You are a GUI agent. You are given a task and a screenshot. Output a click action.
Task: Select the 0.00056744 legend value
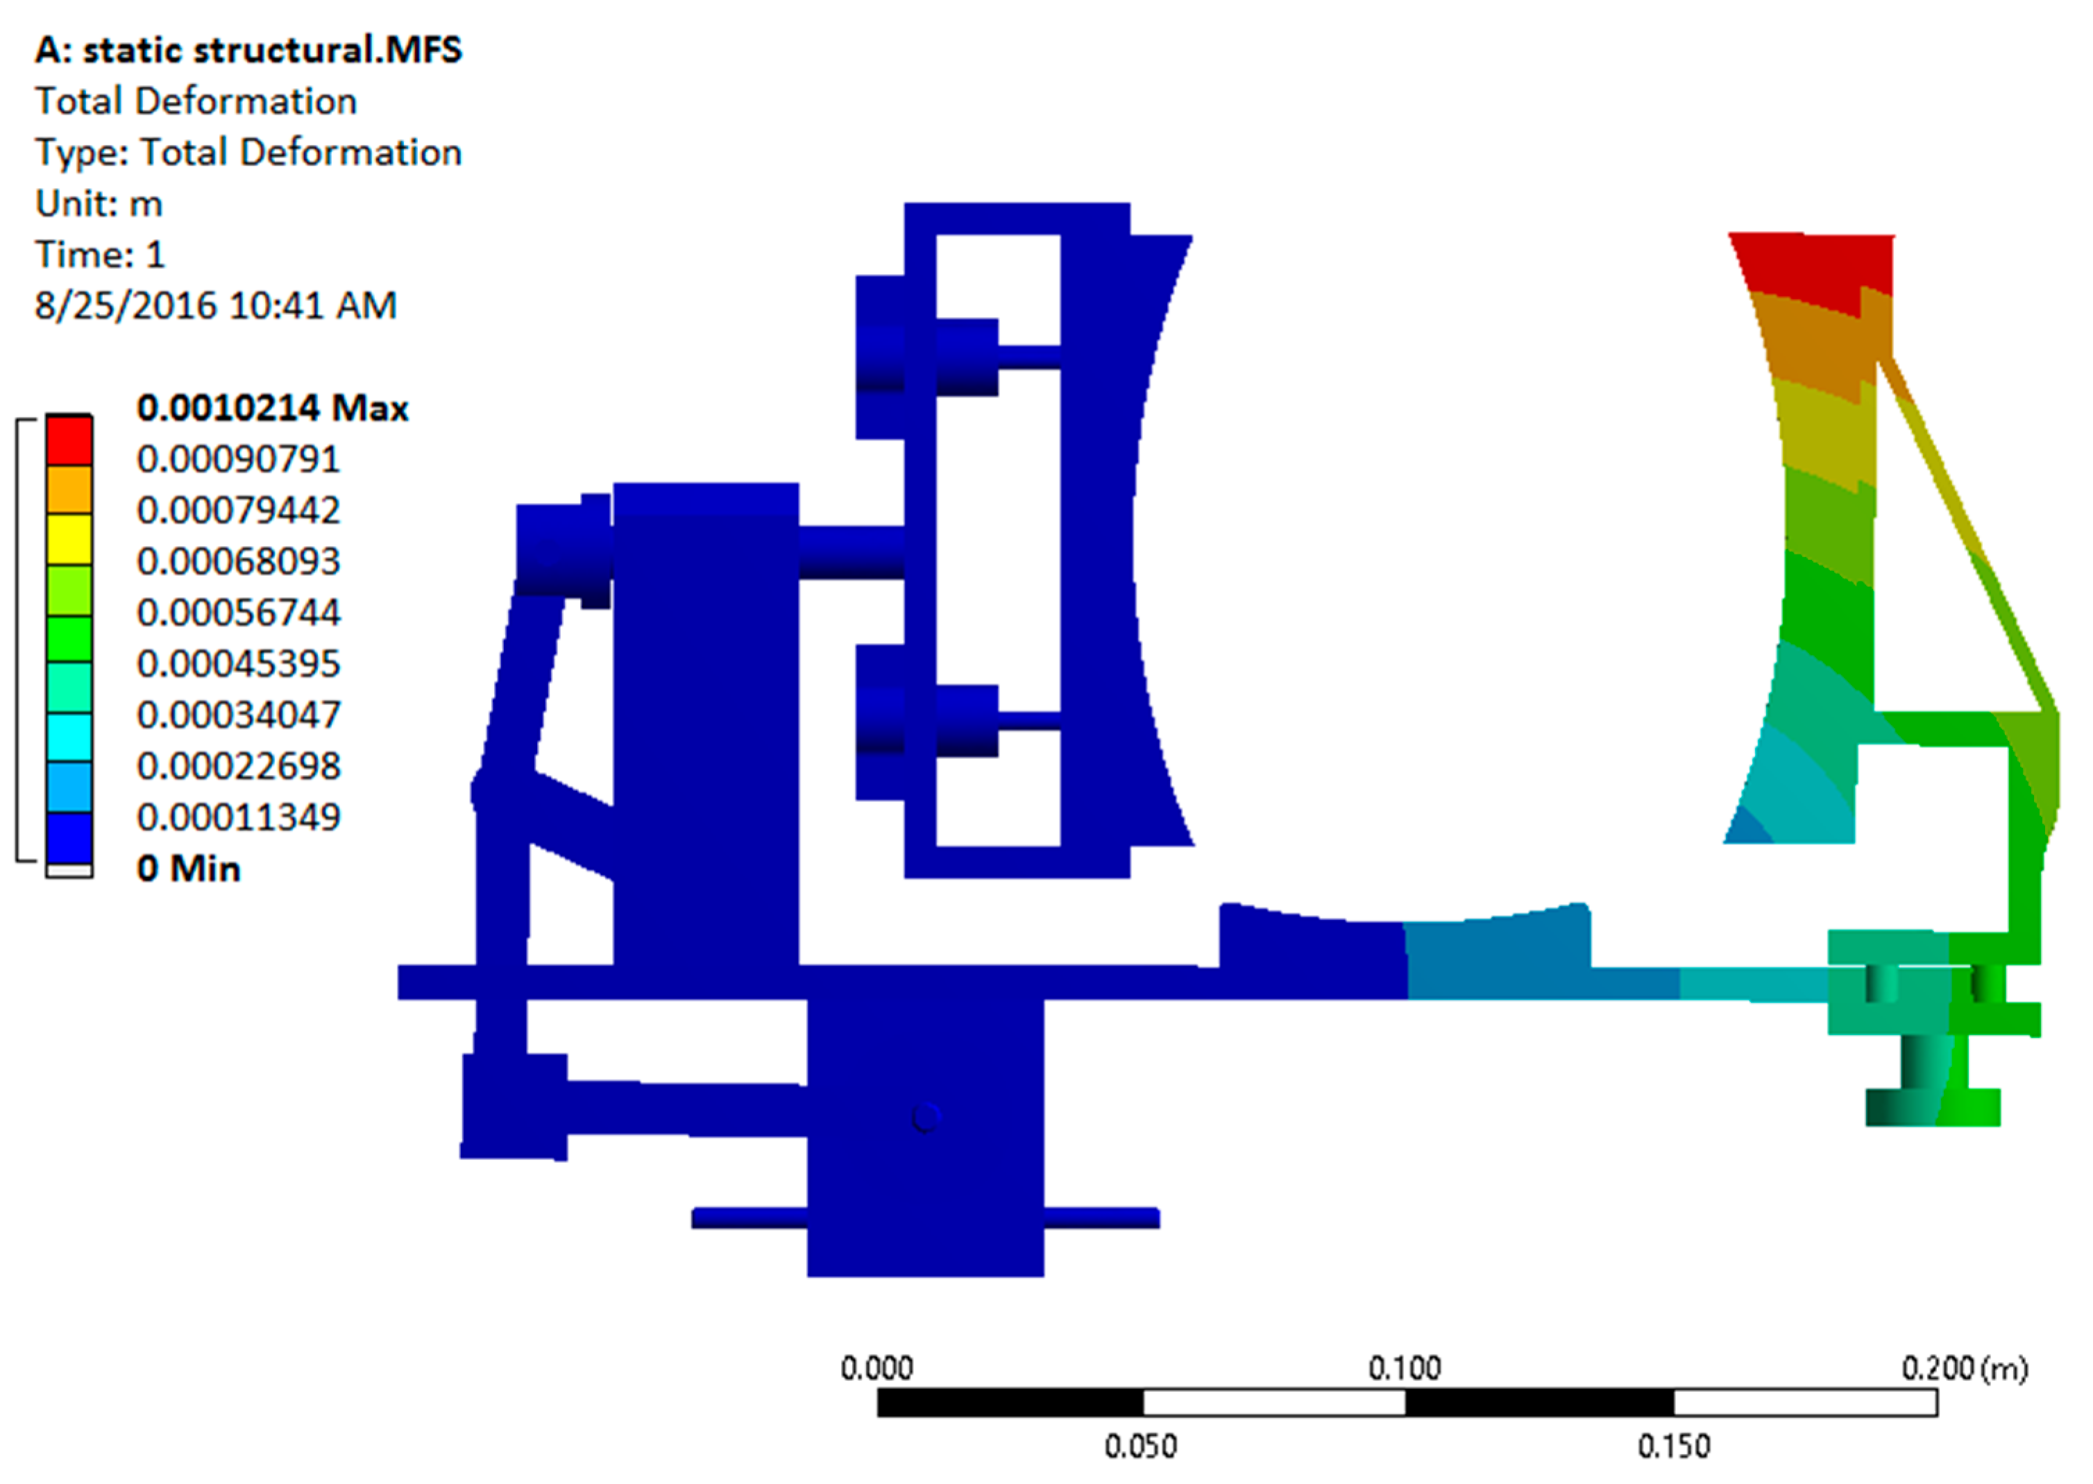239,612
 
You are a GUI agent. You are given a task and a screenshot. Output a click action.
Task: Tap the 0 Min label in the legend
188,868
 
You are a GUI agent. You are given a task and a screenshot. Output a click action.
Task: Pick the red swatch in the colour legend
69,440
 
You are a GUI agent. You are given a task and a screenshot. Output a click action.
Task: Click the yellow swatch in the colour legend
69,539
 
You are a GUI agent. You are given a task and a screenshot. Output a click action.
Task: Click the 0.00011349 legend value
239,817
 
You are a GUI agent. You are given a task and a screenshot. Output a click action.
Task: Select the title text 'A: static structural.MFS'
248,49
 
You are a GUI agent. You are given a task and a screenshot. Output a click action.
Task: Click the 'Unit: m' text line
99,203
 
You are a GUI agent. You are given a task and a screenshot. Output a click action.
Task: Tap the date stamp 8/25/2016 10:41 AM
216,305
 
